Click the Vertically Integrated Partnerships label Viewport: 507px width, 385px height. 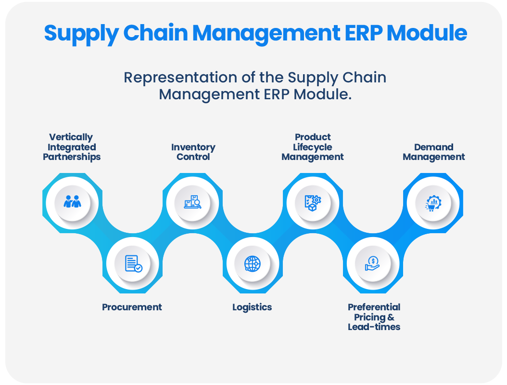72,147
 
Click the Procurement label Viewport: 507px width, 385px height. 132,307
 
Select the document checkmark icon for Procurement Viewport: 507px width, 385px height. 133,264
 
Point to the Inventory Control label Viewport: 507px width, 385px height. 193,152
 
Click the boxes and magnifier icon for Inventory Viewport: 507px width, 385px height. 192,202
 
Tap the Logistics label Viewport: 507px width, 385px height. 252,307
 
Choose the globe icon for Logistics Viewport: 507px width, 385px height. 253,264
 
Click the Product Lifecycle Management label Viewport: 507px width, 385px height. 313,147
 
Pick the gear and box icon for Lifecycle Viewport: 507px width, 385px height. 313,202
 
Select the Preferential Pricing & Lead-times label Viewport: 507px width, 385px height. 374,317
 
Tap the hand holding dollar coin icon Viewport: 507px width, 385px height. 373,264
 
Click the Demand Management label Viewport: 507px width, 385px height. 434,152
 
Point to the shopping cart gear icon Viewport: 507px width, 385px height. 433,203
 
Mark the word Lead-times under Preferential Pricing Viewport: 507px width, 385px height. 374,327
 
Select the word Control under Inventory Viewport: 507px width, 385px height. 193,157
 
